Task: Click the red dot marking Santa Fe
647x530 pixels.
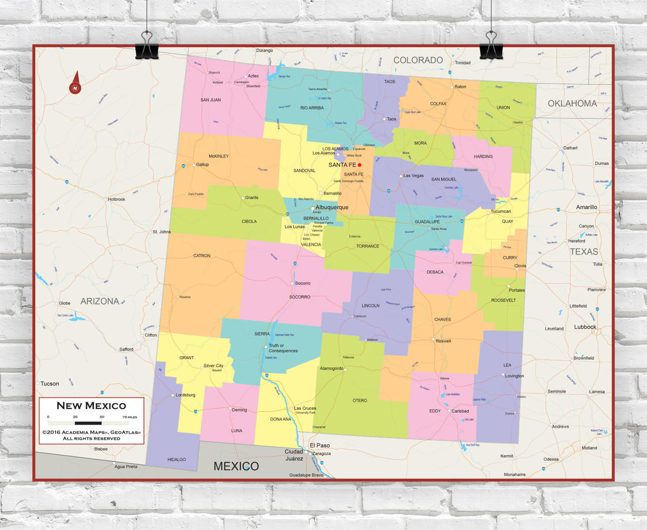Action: tap(359, 165)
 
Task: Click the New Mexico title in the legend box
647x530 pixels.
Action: tap(91, 406)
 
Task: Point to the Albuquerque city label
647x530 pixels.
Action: tap(332, 207)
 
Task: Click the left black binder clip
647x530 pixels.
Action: tap(147, 45)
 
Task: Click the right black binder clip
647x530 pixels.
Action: tap(491, 45)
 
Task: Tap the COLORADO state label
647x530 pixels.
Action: tap(418, 60)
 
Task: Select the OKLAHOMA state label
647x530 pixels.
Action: tap(572, 104)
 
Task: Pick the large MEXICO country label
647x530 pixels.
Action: tap(236, 466)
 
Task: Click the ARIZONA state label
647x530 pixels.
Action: tap(100, 301)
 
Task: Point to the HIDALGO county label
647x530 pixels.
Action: tap(176, 460)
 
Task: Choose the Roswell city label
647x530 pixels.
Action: tap(443, 341)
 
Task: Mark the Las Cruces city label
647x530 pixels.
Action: tap(305, 408)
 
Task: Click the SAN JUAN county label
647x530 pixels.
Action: tap(211, 100)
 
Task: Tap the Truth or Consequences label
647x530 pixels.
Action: tap(283, 348)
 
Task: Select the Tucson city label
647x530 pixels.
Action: tap(50, 383)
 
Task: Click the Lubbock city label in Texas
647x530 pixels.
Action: tap(585, 327)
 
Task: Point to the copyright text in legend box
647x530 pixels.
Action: tap(91, 435)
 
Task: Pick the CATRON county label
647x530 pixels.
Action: tap(202, 256)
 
